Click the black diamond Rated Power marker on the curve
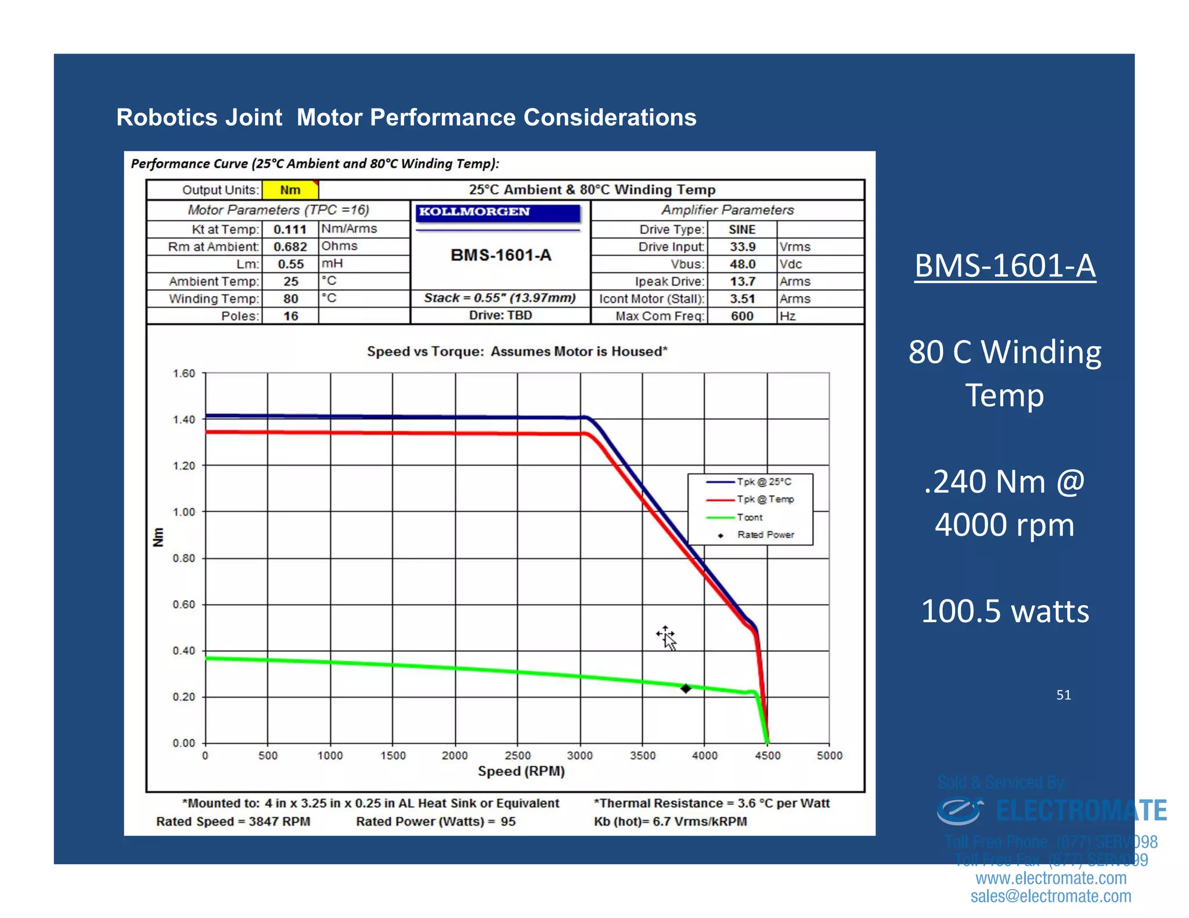[686, 688]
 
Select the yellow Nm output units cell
[290, 190]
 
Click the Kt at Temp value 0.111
[290, 229]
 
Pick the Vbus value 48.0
[743, 264]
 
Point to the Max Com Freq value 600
[742, 316]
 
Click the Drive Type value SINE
[742, 229]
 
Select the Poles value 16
[290, 316]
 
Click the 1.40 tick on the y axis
[184, 420]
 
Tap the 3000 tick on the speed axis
[579, 756]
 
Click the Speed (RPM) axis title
[521, 771]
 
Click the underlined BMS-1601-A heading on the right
[1005, 266]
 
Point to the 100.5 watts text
[1005, 612]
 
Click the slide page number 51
[1063, 695]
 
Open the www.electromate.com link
[1051, 878]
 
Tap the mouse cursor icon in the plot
[666, 638]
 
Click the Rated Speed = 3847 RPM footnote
[233, 822]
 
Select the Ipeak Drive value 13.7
[743, 281]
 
